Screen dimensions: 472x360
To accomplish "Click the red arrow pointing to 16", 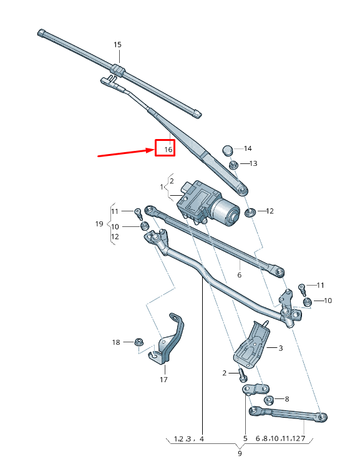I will point(125,153).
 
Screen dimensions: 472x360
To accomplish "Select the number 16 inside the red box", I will point(165,150).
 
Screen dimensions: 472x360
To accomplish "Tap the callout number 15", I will point(117,45).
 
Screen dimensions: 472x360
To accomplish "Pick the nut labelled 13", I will point(233,165).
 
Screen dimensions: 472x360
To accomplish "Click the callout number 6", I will point(239,274).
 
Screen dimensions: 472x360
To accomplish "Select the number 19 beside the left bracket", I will point(99,224).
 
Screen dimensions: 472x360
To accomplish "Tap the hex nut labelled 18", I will point(139,342).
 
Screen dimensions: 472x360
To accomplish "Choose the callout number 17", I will point(163,379).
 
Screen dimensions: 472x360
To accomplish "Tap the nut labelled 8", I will point(269,400).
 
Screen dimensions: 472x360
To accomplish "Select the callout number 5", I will point(245,438).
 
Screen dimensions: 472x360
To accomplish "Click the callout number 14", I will point(248,148).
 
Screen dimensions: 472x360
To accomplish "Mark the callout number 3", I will point(281,348).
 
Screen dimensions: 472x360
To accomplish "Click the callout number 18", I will point(115,342).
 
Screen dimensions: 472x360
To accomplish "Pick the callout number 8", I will point(286,398).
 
